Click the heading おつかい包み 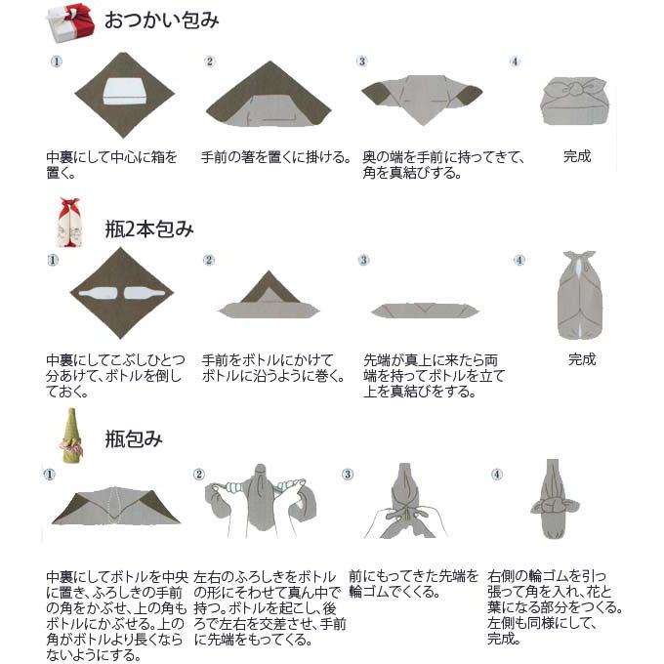point(161,21)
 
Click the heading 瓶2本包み point(149,230)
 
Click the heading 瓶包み point(134,439)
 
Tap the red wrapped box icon point(70,21)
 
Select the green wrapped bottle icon point(70,434)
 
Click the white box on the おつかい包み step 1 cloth point(124,90)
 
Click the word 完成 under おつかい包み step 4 point(577,156)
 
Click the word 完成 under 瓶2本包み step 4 point(581,359)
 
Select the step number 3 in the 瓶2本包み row point(363,260)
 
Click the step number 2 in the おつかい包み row point(209,62)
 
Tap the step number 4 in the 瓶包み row point(496,475)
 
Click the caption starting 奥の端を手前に point(444,165)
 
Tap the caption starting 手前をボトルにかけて point(272,367)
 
